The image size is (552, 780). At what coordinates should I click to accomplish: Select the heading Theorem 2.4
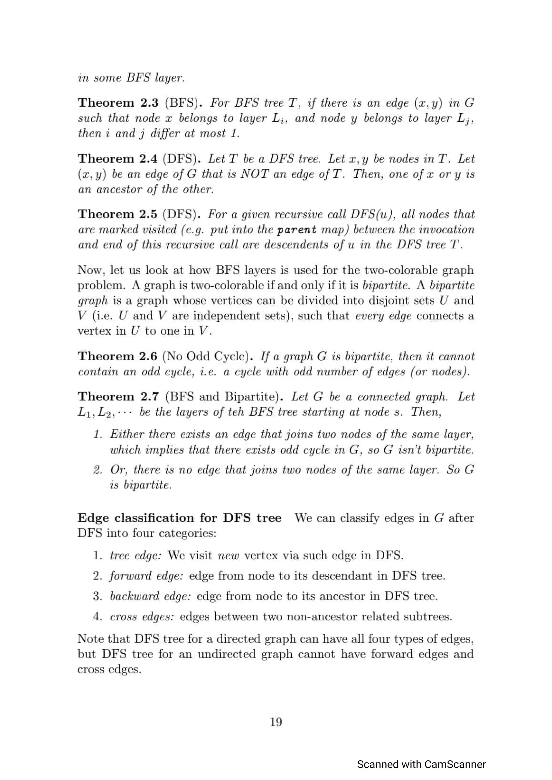coord(117,158)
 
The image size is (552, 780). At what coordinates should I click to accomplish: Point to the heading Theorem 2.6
coord(117,356)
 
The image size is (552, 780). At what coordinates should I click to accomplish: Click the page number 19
coord(275,722)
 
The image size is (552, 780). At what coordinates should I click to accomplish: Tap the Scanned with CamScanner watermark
coord(421,764)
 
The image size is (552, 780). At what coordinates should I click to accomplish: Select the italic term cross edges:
coord(142,616)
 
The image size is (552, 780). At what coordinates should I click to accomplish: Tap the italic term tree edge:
coord(135,556)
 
